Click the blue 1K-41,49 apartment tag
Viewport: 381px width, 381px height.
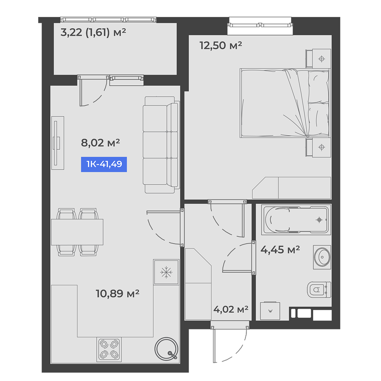[104, 165]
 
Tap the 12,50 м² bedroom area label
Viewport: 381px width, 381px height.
[221, 45]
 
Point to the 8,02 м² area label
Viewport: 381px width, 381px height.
[100, 143]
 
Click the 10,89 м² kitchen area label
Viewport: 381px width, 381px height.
[117, 293]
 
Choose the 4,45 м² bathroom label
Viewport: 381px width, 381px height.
[280, 250]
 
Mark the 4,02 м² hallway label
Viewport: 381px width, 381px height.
[231, 309]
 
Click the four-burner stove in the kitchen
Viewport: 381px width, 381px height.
[109, 349]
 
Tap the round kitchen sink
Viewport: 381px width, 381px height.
[166, 349]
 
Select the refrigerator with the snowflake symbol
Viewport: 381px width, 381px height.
[166, 272]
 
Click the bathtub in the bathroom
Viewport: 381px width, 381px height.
[296, 220]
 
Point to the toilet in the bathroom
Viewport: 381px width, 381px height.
[319, 290]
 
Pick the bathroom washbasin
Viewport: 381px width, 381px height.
[322, 257]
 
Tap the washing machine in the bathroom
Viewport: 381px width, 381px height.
[270, 311]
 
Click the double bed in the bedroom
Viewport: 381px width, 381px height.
[285, 103]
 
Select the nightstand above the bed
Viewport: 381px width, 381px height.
[318, 58]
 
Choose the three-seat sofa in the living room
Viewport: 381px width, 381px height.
[161, 145]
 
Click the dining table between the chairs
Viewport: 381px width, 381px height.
[77, 232]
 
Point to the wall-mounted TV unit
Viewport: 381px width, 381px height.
[58, 143]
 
